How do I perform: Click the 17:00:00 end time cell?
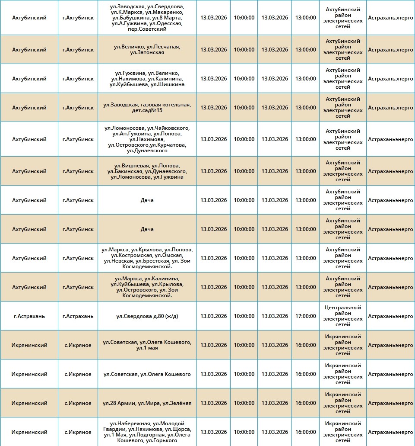click(x=305, y=316)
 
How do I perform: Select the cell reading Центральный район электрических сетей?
click(x=343, y=316)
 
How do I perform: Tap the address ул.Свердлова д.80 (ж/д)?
click(x=147, y=316)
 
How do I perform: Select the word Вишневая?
click(x=135, y=166)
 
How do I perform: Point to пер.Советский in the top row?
click(x=147, y=29)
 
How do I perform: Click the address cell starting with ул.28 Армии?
click(x=147, y=403)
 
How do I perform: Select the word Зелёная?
click(x=180, y=403)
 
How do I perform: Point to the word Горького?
click(x=165, y=440)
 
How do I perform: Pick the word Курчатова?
click(x=172, y=145)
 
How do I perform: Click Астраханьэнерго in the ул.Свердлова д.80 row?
click(x=390, y=316)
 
